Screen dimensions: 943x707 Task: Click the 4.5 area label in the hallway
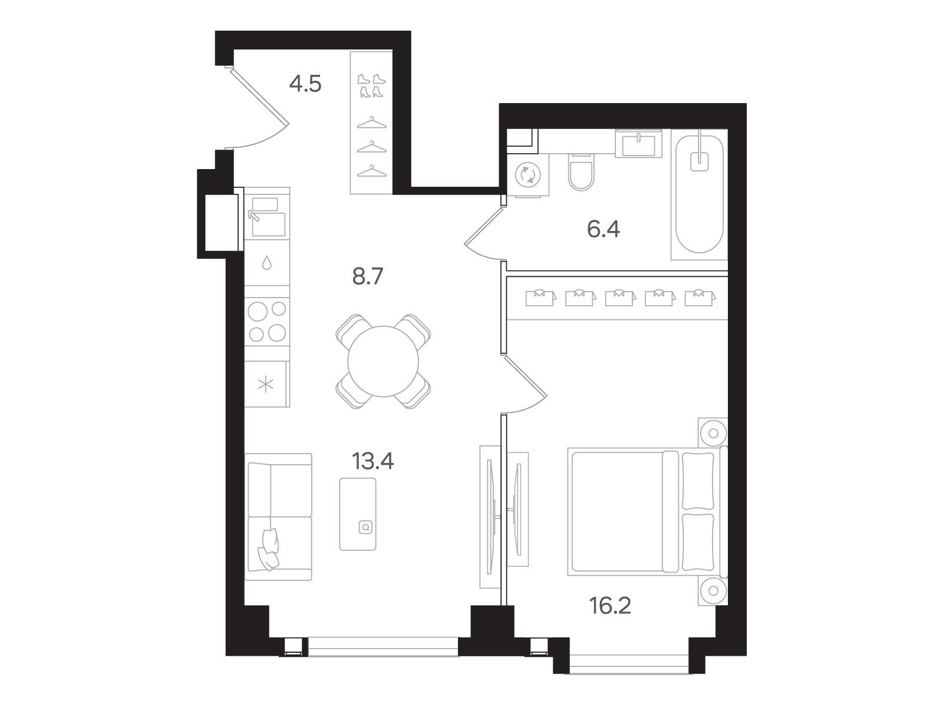click(305, 84)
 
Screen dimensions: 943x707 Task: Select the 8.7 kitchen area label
click(367, 276)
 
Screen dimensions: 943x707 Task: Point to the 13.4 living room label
click(372, 461)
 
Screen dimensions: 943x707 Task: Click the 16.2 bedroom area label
click(610, 605)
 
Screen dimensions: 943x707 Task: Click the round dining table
click(383, 361)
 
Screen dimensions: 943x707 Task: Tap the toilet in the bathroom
click(581, 171)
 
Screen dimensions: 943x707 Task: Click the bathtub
click(699, 194)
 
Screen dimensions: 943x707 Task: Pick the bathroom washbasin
click(638, 143)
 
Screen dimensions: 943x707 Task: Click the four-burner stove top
click(267, 321)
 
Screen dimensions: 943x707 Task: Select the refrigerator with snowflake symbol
click(267, 384)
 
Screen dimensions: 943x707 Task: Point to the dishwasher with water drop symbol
click(267, 262)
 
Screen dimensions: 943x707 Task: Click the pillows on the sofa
click(269, 550)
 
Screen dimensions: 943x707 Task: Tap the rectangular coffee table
click(357, 514)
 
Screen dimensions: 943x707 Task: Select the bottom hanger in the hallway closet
click(372, 171)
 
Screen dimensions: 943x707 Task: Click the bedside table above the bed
click(713, 432)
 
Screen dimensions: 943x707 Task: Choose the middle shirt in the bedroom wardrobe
click(620, 298)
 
